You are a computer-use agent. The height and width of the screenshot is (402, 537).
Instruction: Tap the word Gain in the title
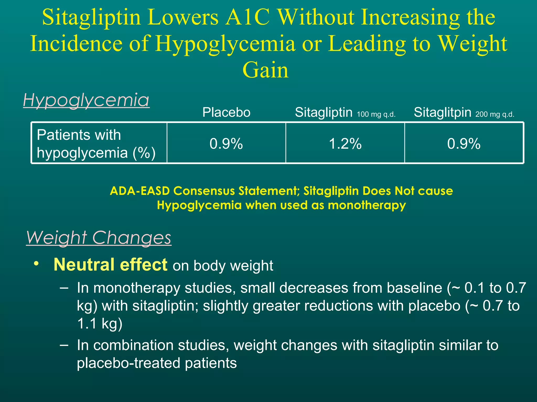pos(265,70)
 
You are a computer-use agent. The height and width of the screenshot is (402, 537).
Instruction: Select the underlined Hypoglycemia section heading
pos(86,100)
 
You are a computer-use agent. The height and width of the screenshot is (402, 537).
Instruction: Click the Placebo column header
pos(226,113)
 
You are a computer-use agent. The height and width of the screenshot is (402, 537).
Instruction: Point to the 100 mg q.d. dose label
pos(376,114)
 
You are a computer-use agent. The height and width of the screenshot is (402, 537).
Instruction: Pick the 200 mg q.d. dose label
pos(495,114)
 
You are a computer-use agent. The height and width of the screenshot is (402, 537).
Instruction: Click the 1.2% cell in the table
pos(345,144)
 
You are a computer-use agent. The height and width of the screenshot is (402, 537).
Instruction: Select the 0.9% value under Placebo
pos(226,144)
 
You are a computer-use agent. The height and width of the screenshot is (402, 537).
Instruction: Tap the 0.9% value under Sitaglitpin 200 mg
pos(464,144)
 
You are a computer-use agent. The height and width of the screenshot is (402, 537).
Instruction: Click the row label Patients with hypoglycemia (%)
pos(96,144)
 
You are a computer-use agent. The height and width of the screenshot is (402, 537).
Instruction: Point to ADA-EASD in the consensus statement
pos(140,191)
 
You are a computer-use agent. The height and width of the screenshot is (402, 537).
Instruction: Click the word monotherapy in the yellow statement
pos(367,205)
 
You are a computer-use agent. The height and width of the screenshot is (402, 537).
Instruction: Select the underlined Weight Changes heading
pos(99,238)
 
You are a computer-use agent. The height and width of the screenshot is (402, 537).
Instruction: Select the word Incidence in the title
pos(76,44)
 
